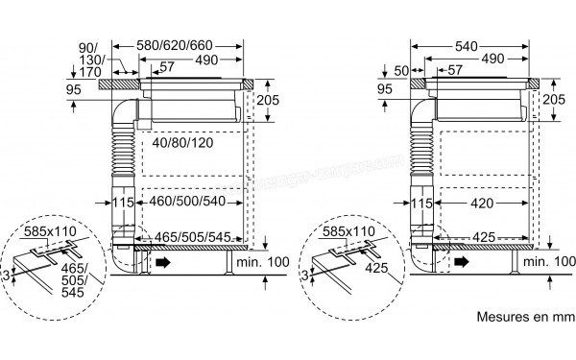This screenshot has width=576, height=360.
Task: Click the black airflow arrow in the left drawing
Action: coord(164,261)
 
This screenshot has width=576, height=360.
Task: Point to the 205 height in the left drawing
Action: coord(270,101)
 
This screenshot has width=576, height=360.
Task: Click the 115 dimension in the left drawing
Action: coord(120,203)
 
